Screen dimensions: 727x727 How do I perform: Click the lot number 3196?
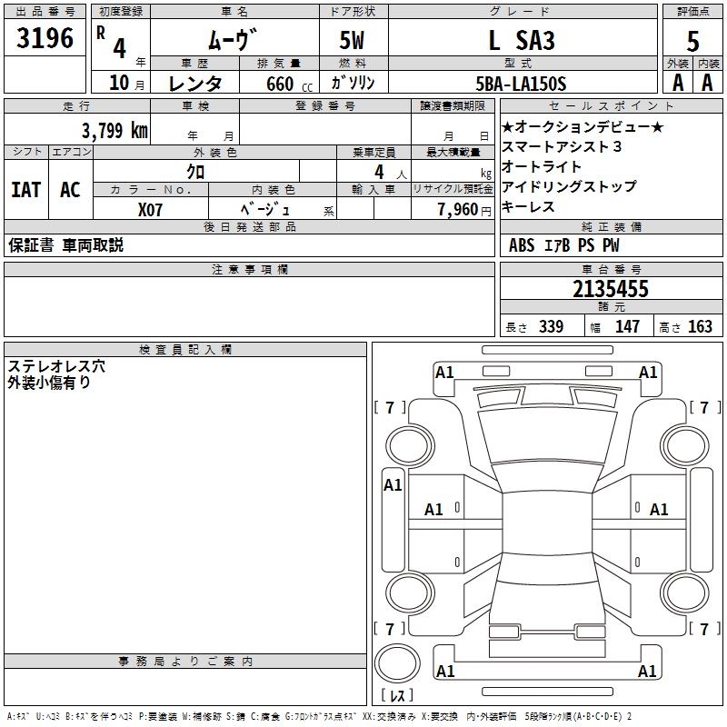coord(46,38)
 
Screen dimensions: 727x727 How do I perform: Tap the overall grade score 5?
coord(693,41)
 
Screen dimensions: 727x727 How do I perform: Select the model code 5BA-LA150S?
coord(521,84)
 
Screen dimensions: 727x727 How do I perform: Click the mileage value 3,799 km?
coord(114,131)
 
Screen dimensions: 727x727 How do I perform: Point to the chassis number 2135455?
coord(611,289)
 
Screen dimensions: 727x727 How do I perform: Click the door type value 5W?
coord(354,41)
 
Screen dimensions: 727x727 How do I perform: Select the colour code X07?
coord(151,208)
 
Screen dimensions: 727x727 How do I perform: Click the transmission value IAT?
coord(25,190)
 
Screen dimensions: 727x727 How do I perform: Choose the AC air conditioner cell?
coord(70,190)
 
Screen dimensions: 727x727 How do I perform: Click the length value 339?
coord(550,326)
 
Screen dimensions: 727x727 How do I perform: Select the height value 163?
coord(700,326)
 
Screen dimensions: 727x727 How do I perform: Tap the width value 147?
coord(627,326)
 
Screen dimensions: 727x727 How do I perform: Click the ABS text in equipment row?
coord(522,245)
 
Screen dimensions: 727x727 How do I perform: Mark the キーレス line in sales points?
coord(528,207)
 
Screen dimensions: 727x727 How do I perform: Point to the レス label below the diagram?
coord(397,695)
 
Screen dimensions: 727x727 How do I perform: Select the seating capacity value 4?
coord(378,172)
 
